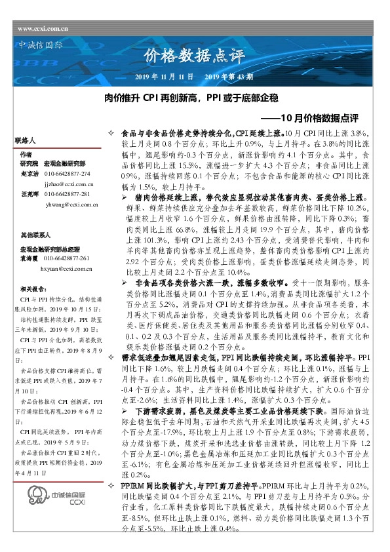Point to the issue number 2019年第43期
click(225, 77)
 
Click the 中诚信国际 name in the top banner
click(39, 46)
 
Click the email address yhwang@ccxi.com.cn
click(72, 205)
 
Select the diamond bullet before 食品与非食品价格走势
click(110, 133)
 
